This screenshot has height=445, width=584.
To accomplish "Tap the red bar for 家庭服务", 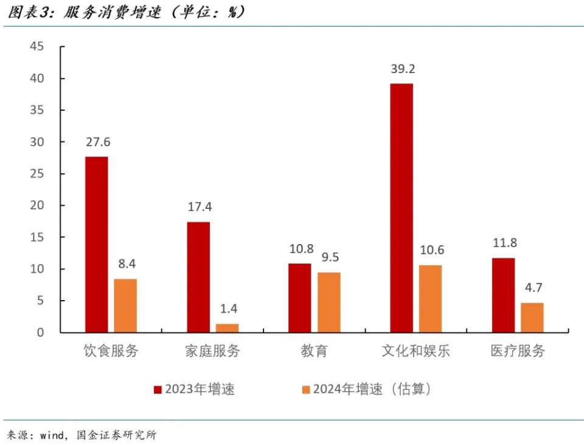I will (x=198, y=277).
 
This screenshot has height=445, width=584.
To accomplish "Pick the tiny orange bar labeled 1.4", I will (x=228, y=328).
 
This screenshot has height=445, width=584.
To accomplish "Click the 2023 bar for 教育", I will (x=299, y=298).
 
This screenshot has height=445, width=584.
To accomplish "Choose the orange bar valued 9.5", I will (x=329, y=302).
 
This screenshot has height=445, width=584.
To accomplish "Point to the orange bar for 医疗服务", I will (x=532, y=317).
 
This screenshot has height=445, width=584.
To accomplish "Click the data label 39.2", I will (x=401, y=69).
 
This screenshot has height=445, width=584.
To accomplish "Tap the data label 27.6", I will (x=97, y=142).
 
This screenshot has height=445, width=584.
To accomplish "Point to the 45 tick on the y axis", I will (x=37, y=47).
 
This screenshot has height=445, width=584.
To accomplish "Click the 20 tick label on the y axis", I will (x=37, y=206).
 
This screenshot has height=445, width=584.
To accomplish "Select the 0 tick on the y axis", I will (x=40, y=332).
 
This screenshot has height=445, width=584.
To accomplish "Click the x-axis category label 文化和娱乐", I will (x=415, y=351).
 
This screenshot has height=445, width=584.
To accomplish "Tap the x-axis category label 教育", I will (x=314, y=351).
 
